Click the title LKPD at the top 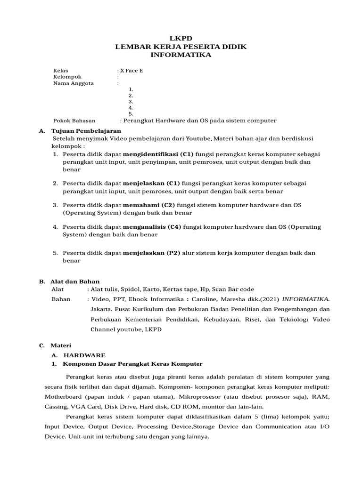point(181,38)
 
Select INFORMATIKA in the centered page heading point(181,55)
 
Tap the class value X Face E point(132,71)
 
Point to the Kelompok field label point(67,77)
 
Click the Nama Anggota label point(74,83)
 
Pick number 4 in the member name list point(131,107)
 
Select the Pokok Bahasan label point(74,120)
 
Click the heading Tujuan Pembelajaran point(86,130)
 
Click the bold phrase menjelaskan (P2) point(152,253)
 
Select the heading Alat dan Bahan point(75,281)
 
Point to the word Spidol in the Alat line point(129,289)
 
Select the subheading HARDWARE point(84,355)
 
